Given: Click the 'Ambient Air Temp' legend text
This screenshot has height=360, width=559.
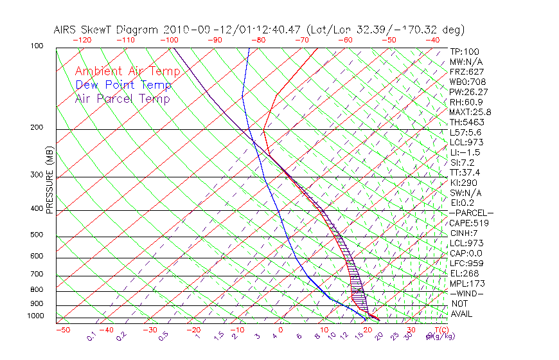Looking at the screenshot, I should (x=122, y=71).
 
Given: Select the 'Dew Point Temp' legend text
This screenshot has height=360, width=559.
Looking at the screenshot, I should (x=123, y=85).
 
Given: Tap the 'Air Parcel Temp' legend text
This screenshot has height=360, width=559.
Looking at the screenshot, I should (x=123, y=98).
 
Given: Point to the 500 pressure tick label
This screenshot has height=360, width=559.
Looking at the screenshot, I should (x=36, y=235).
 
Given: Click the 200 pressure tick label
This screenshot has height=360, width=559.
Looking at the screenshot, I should (x=36, y=128).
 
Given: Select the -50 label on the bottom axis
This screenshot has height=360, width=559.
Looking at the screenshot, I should (x=62, y=330).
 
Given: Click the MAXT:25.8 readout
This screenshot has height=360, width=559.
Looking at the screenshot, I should (x=469, y=112).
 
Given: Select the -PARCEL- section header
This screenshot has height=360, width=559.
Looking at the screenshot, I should (x=471, y=213).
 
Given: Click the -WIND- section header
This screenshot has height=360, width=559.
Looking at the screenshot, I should (x=466, y=294).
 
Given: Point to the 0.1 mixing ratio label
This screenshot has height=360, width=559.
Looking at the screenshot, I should (x=92, y=336).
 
